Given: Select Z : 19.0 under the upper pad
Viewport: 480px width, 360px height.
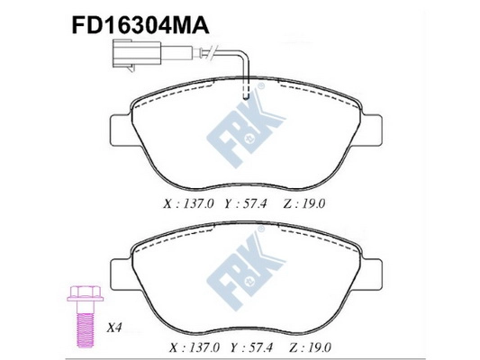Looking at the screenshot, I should [x=303, y=204].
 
